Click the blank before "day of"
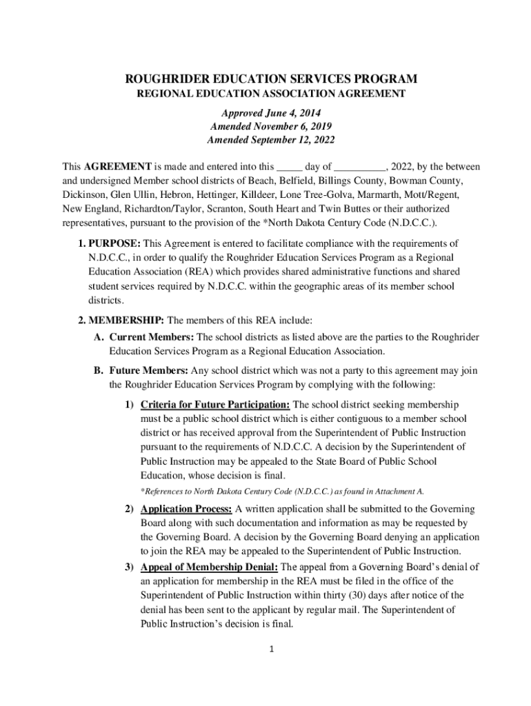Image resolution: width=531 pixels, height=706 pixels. click(289, 167)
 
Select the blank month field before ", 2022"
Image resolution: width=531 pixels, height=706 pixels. click(361, 167)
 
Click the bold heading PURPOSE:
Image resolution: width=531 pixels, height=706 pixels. click(114, 243)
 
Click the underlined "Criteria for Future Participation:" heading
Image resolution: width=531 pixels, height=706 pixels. click(215, 404)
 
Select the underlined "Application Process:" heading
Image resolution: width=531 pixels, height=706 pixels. click(186, 509)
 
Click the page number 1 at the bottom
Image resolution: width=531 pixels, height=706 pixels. click(272, 649)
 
